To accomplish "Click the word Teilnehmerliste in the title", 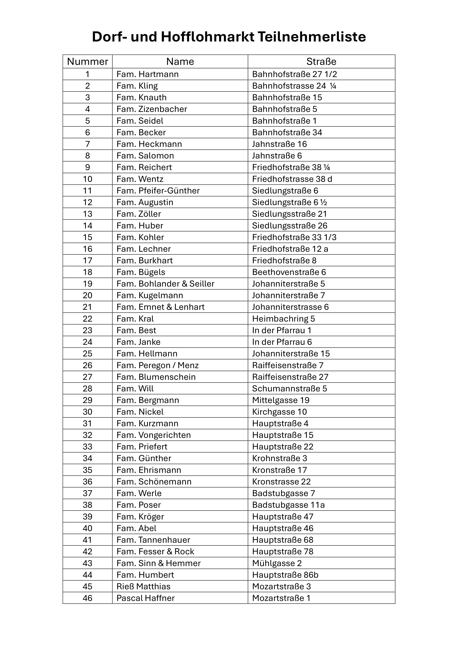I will (x=312, y=37).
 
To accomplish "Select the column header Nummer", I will (x=88, y=61).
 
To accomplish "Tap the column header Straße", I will (x=321, y=61).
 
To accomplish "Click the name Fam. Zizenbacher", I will (x=152, y=109).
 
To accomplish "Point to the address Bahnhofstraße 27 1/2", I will (x=294, y=74).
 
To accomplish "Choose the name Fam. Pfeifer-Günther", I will (x=158, y=191).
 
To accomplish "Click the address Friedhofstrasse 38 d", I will (x=292, y=179).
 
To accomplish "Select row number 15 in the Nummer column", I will (x=88, y=237).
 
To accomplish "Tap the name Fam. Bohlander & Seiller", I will (x=165, y=284).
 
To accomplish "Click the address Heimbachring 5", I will (x=284, y=319).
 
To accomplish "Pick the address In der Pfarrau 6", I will (x=282, y=342).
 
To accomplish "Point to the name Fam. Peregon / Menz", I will (x=157, y=365).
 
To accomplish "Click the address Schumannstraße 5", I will (x=289, y=389).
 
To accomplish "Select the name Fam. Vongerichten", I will (x=153, y=435).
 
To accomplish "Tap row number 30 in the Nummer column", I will (x=88, y=412).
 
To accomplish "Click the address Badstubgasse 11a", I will (x=288, y=505).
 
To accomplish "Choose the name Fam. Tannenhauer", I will (x=153, y=540).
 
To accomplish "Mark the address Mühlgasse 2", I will (x=277, y=563).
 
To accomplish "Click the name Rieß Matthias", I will (x=143, y=586).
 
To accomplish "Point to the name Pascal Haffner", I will (x=146, y=598).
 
